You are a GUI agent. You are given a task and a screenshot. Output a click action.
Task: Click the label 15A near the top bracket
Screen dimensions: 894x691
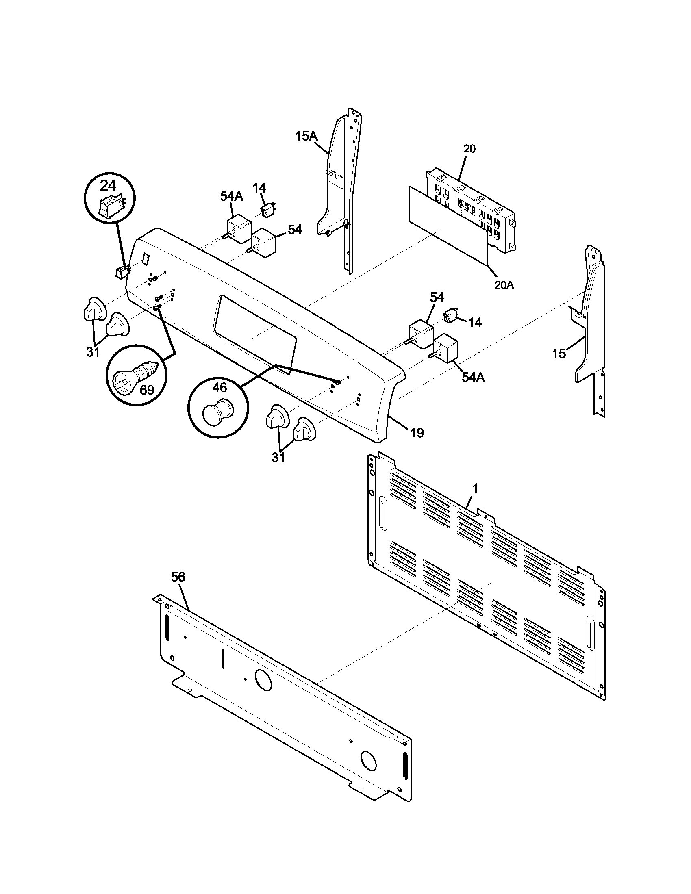306,137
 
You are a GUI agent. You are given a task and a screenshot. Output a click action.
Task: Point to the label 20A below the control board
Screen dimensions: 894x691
504,285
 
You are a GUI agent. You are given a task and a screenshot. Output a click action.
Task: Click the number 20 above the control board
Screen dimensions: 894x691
469,149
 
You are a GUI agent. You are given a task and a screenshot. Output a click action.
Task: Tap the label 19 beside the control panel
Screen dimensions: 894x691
417,433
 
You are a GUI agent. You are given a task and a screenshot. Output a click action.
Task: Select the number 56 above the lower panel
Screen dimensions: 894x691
178,577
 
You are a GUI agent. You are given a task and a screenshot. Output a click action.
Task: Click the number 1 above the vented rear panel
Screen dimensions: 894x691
475,488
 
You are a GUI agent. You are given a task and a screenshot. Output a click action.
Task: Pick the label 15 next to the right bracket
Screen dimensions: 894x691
559,353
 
